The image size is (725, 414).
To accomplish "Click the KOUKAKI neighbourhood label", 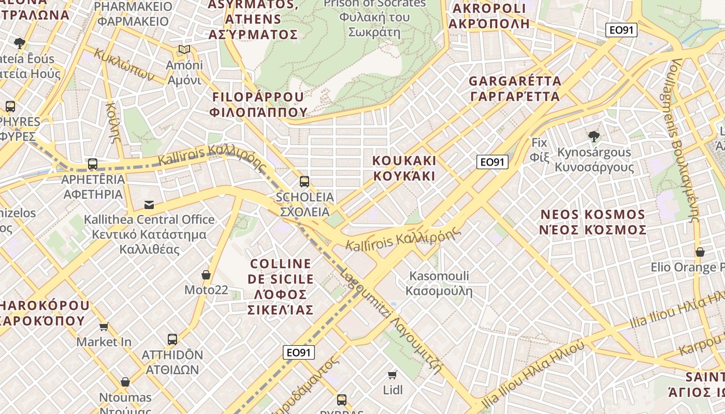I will pos(404,168).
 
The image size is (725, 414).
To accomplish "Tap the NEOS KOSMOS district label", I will pos(592,222).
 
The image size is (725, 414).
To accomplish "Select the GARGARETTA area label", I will pos(515,88).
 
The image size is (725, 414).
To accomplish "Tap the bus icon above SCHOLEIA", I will pos(304,182).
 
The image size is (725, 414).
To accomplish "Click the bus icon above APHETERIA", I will pos(93,164).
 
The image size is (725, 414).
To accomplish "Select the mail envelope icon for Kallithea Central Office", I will pos(149,205).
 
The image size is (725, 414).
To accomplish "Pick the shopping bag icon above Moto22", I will pos(206,275).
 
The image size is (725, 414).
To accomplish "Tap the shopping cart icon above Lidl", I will pos(393,375).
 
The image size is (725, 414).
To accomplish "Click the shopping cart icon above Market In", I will pos(104,327).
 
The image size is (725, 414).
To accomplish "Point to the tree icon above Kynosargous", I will pos(593,137).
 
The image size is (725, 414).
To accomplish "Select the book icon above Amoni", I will pos(184,50).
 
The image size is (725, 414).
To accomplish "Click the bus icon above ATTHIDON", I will pos(172,339).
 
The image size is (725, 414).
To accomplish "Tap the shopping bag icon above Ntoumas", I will pos(125,382).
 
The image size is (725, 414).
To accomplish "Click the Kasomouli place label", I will pos(439,283).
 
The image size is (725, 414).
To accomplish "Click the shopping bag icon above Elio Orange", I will pos(700,252).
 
